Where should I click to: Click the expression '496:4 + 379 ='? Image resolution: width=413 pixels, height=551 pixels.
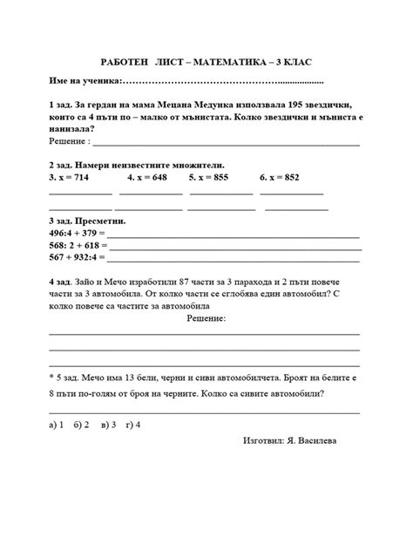click(x=77, y=234)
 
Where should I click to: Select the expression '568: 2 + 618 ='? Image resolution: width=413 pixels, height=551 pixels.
click(x=78, y=246)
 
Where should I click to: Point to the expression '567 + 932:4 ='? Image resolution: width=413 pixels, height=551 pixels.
click(x=78, y=258)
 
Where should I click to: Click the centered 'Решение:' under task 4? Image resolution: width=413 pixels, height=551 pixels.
click(x=206, y=319)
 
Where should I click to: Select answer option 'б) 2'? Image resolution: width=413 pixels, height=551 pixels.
click(x=83, y=425)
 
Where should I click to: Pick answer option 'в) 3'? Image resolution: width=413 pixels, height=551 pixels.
click(x=109, y=425)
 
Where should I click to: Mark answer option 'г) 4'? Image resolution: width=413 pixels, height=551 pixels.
click(x=133, y=425)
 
